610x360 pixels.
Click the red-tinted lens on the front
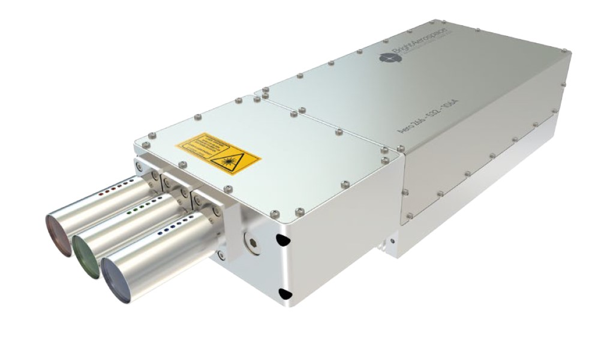58,229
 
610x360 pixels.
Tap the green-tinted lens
86,255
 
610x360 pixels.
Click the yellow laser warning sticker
218,151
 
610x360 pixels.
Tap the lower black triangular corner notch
285,293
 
